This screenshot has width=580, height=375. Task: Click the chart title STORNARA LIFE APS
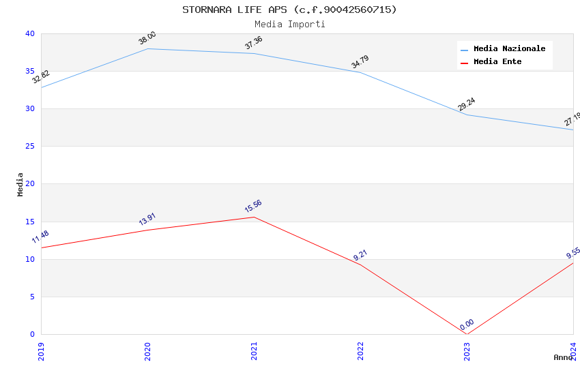(289, 10)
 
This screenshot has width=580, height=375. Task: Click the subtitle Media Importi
(289, 24)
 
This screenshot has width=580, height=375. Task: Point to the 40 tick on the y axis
(29, 34)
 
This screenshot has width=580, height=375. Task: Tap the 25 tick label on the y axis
(29, 147)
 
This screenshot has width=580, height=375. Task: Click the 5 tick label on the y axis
(31, 297)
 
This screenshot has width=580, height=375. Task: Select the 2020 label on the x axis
(147, 351)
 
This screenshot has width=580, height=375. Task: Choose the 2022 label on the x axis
(360, 351)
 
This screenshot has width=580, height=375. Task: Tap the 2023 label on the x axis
(467, 351)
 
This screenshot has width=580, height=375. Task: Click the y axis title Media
(20, 184)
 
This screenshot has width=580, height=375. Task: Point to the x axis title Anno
(563, 357)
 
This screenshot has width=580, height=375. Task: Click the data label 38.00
(147, 38)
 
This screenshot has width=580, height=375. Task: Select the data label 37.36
(254, 43)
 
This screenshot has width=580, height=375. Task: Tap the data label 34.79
(360, 61)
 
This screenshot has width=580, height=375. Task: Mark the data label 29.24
(467, 104)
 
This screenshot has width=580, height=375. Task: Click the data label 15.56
(253, 206)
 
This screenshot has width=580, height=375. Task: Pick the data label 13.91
(147, 219)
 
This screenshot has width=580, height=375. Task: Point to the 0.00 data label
(467, 325)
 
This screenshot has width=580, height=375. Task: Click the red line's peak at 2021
(254, 217)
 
